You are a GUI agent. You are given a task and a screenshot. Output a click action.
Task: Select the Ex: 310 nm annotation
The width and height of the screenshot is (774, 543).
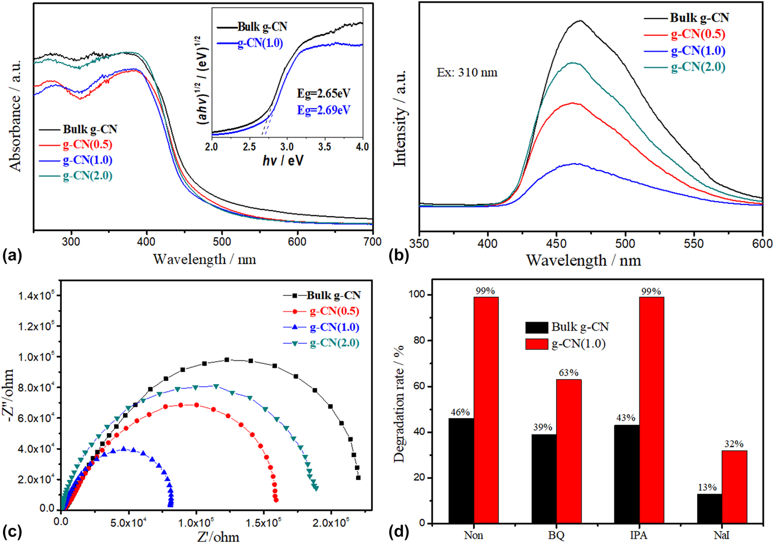pos(462,74)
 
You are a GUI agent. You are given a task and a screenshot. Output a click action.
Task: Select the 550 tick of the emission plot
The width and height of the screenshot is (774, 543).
pos(694,242)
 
